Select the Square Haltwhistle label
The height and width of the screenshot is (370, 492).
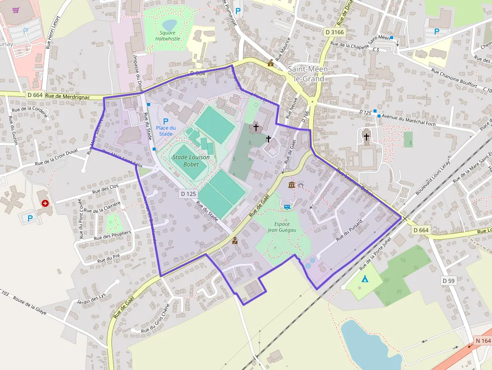coord(168,36)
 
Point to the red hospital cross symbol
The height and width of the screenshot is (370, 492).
coord(46,203)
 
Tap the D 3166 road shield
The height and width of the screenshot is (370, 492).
coord(334,32)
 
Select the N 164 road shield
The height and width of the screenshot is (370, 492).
coord(482,341)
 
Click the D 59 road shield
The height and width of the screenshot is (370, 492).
coord(448,280)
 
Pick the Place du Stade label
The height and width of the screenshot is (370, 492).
coord(166,131)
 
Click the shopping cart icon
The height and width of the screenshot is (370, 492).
coord(17,10)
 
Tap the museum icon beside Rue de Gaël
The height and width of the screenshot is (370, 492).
coord(292,185)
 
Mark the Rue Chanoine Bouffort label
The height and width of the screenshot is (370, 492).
coord(455,78)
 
